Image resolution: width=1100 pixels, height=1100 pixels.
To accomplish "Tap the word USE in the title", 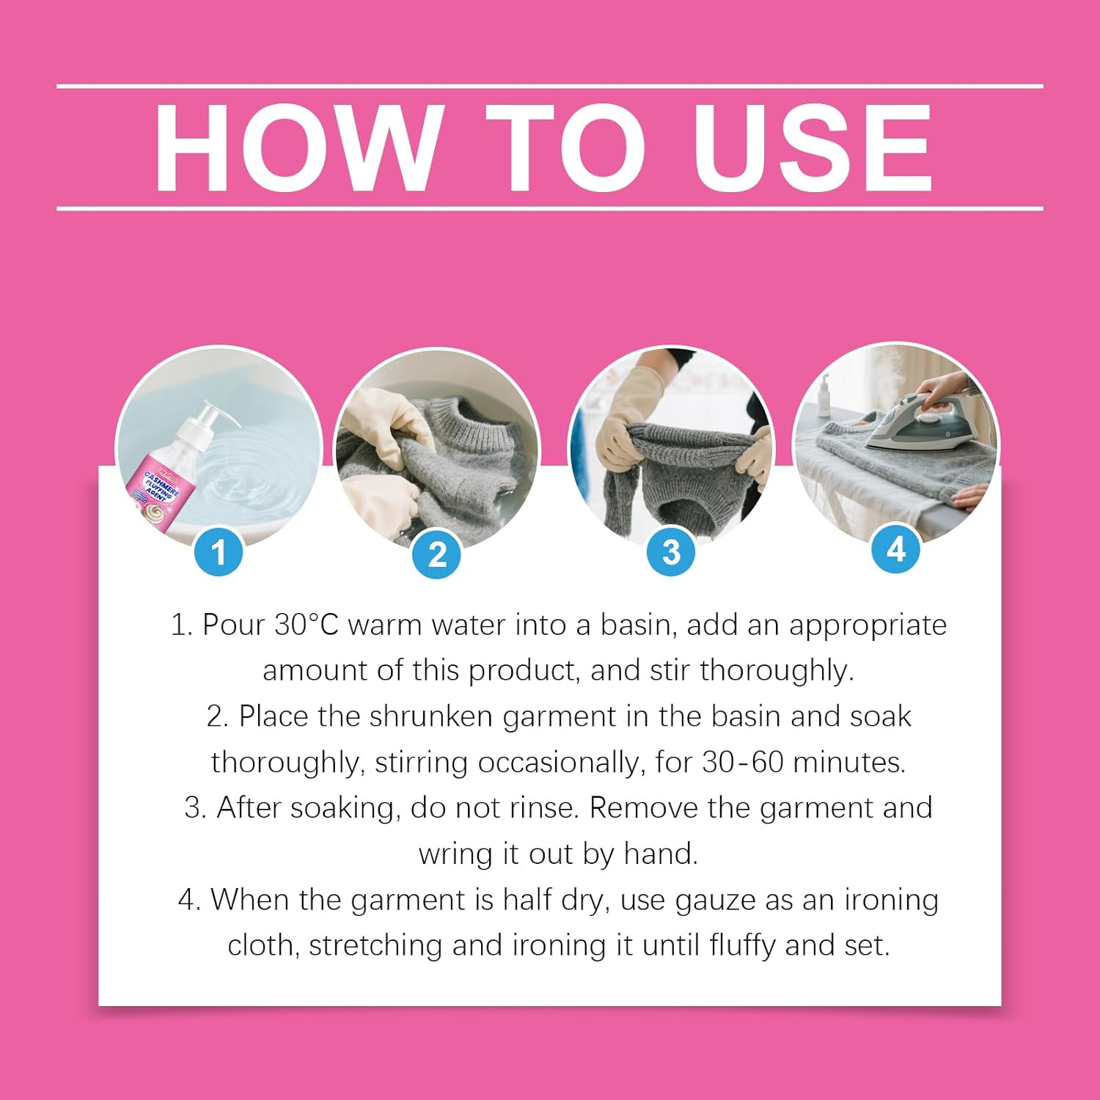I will (812, 148).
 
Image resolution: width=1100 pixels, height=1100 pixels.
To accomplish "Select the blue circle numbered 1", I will (219, 551).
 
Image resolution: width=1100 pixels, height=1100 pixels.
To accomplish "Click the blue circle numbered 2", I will (437, 555).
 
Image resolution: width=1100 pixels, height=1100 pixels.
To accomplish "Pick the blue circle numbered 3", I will (670, 552).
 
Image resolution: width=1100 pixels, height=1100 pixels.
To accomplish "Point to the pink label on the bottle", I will (158, 495).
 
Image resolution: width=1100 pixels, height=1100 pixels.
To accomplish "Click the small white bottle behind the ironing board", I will (825, 396).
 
